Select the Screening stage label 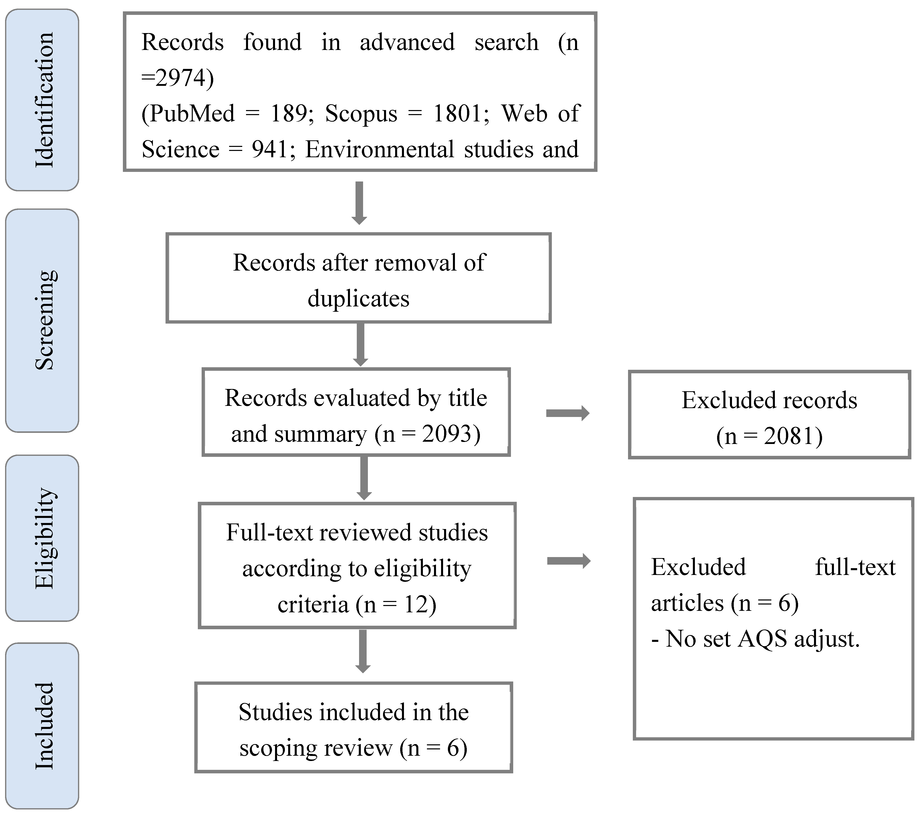click(x=44, y=320)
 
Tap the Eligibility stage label click(x=44, y=538)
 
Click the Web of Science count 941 click(x=269, y=149)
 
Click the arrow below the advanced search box click(x=359, y=203)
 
